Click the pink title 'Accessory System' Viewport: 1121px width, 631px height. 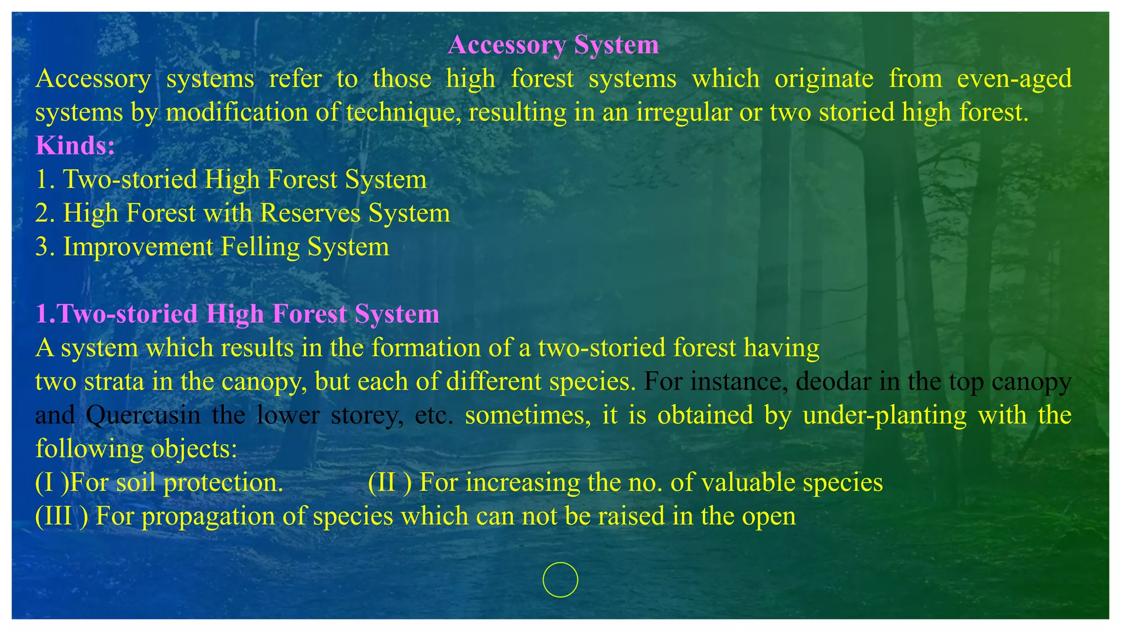click(553, 45)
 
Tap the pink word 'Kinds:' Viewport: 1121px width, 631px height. click(75, 146)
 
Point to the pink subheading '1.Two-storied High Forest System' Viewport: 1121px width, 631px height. click(237, 314)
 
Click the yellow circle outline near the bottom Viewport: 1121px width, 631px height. click(560, 580)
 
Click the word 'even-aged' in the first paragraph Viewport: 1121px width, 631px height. click(1014, 79)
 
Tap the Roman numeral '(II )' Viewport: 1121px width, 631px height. click(389, 483)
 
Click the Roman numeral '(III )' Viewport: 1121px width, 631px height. click(61, 517)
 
